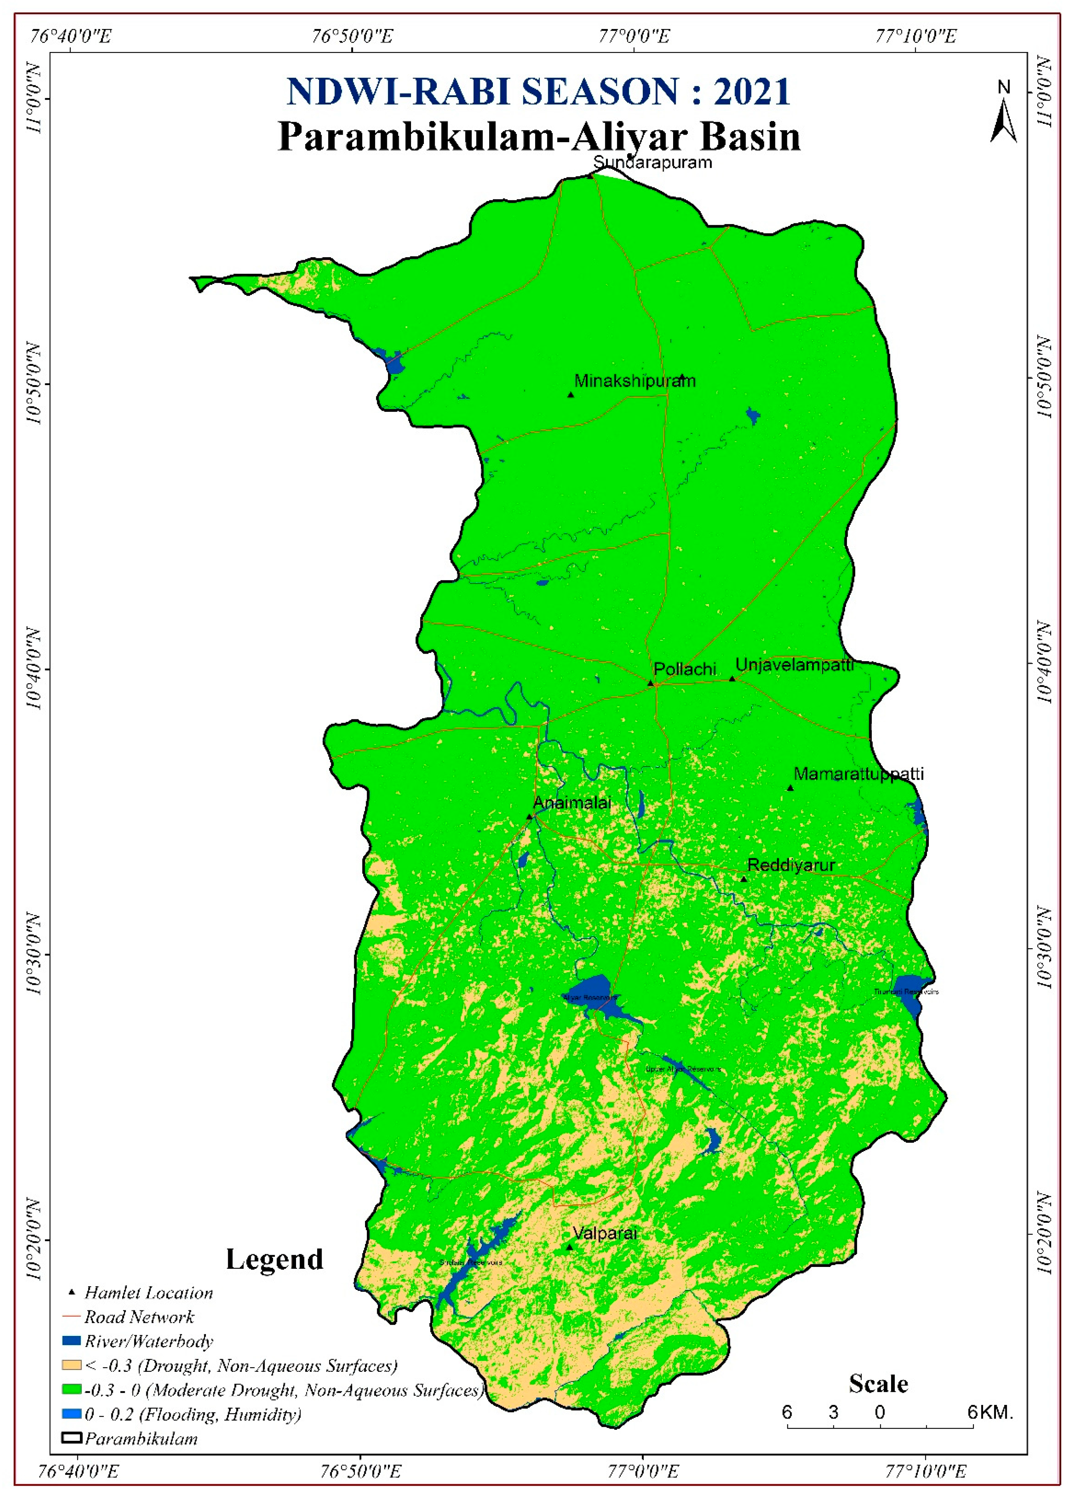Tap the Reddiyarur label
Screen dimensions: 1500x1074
(791, 865)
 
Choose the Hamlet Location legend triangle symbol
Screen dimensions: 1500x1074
(72, 1292)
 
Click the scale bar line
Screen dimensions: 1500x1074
(879, 1427)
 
